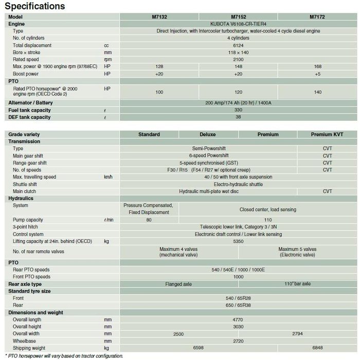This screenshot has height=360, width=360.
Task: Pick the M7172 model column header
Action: pyautogui.click(x=317, y=16)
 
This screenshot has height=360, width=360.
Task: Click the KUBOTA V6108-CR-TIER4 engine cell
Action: pyautogui.click(x=238, y=24)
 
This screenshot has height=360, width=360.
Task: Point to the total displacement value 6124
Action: pyautogui.click(x=238, y=45)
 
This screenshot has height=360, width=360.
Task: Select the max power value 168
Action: pyautogui.click(x=317, y=67)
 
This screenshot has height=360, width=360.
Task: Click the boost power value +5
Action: pyautogui.click(x=317, y=74)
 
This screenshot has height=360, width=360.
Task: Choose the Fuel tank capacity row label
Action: pyautogui.click(x=30, y=110)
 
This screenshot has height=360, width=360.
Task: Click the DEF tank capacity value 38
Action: pyautogui.click(x=238, y=117)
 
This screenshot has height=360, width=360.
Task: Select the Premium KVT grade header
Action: pyautogui.click(x=327, y=134)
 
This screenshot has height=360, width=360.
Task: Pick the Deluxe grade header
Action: pyautogui.click(x=207, y=134)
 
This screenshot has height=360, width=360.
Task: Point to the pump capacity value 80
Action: pyautogui.click(x=149, y=220)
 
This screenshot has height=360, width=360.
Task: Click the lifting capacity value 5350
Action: pyautogui.click(x=238, y=241)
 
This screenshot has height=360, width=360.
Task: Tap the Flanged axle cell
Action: pyautogui.click(x=178, y=284)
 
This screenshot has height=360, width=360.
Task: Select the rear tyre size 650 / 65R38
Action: pyautogui.click(x=238, y=305)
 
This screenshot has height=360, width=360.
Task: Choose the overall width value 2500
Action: pyautogui.click(x=178, y=334)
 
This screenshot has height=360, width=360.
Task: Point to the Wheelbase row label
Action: pyautogui.click(x=25, y=340)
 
